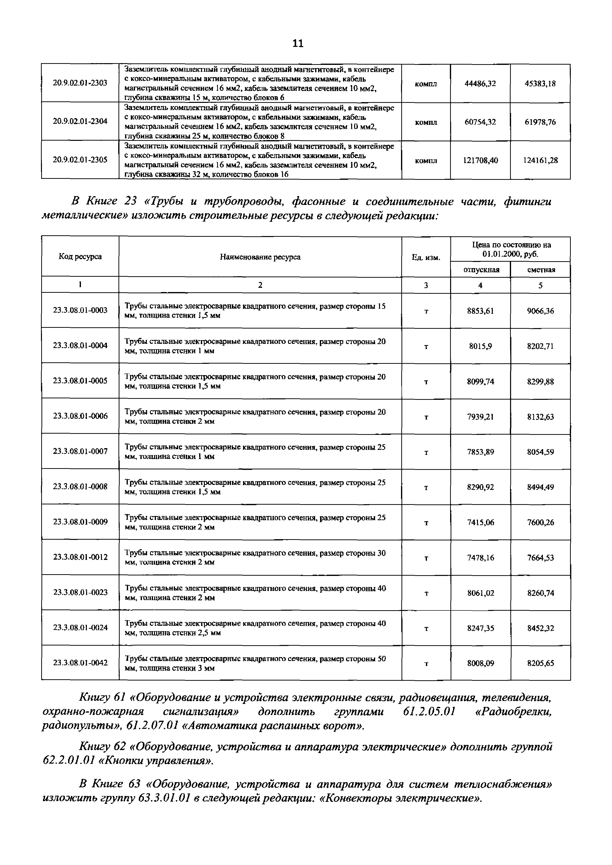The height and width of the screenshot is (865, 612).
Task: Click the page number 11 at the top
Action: pyautogui.click(x=297, y=44)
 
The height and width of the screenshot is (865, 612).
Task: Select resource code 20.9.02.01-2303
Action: pyautogui.click(x=80, y=83)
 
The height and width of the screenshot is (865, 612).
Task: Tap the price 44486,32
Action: pyautogui.click(x=480, y=84)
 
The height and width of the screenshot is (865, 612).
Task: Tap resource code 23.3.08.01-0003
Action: pyautogui.click(x=80, y=310)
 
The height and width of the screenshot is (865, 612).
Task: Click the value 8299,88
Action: pyautogui.click(x=540, y=382)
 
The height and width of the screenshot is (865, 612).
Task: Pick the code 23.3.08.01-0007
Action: pyautogui.click(x=80, y=451)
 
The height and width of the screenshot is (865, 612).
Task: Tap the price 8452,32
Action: pyautogui.click(x=540, y=628)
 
